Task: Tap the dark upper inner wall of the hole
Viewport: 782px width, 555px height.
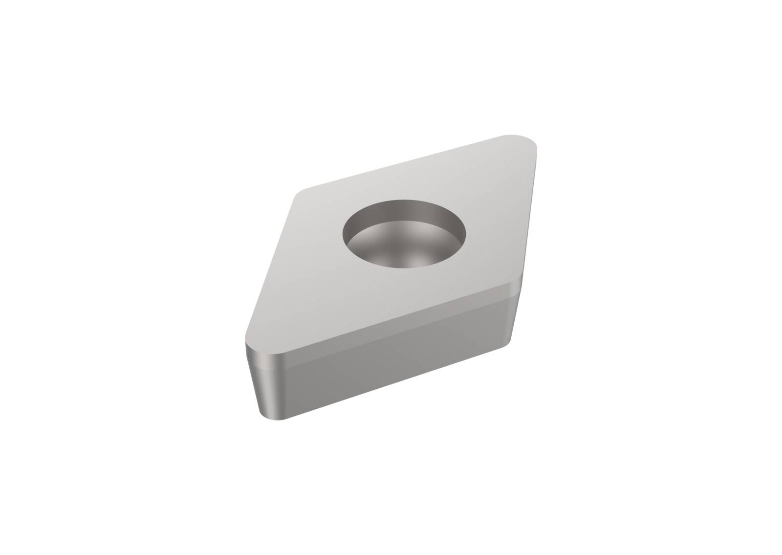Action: (404, 208)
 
